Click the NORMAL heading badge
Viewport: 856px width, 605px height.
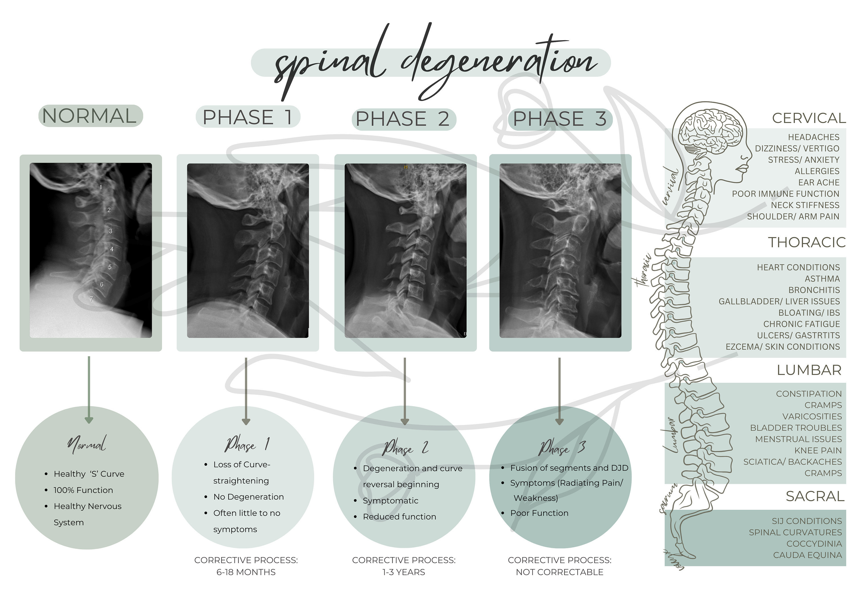(x=90, y=116)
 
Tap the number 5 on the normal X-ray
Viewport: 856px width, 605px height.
(x=110, y=267)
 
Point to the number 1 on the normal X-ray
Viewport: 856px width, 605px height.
(x=101, y=187)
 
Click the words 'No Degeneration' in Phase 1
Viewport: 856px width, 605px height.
(x=248, y=497)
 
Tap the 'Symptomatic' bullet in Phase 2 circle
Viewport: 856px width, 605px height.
(x=390, y=501)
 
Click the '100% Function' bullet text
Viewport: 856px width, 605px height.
(x=83, y=490)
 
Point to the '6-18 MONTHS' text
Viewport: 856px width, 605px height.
(x=246, y=572)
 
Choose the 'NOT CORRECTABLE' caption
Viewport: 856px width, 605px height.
(x=559, y=572)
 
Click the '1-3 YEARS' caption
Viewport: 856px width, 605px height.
(x=404, y=572)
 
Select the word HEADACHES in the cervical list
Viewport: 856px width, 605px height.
(x=813, y=137)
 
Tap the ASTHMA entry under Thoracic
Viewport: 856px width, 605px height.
(x=822, y=279)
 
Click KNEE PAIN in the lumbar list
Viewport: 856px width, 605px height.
(x=818, y=450)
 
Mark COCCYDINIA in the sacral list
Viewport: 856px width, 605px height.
(x=814, y=544)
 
